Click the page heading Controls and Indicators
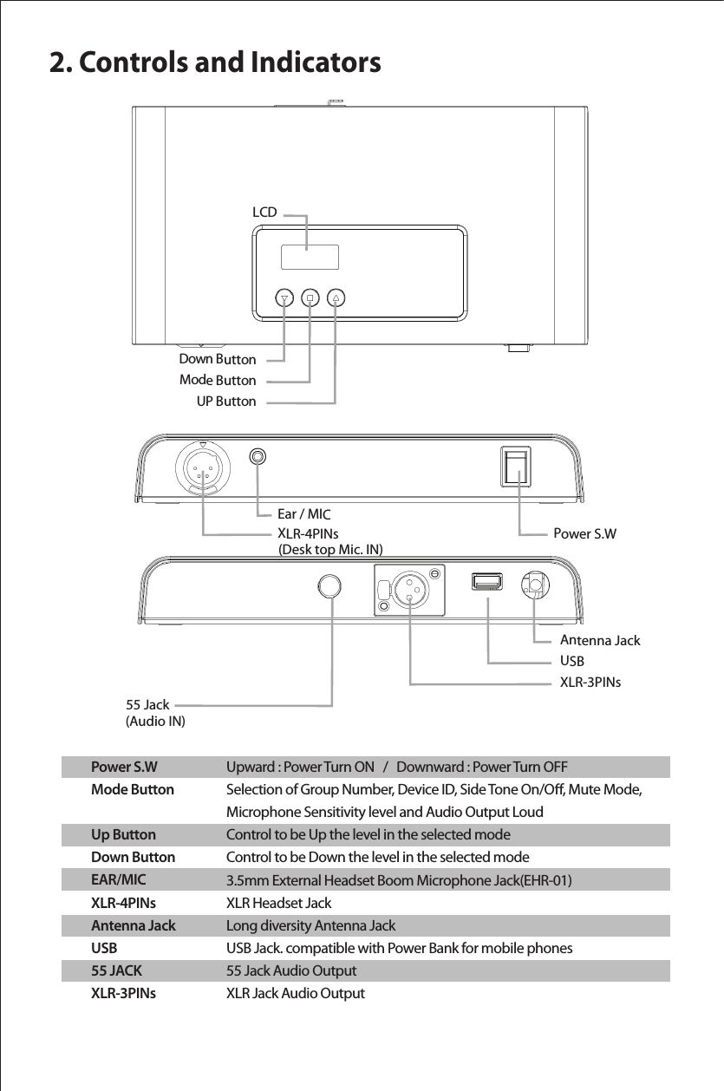[x=214, y=62]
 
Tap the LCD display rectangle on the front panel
[x=310, y=258]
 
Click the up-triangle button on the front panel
[x=336, y=297]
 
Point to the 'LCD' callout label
[x=264, y=212]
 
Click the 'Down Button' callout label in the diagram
[x=217, y=359]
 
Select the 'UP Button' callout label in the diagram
[x=225, y=402]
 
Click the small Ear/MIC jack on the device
[x=258, y=456]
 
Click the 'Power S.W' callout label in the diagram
[x=584, y=533]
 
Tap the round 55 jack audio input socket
[x=330, y=586]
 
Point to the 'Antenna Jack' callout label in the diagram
[x=600, y=641]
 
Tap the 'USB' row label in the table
[x=105, y=948]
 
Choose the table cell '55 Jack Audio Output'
[x=290, y=970]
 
